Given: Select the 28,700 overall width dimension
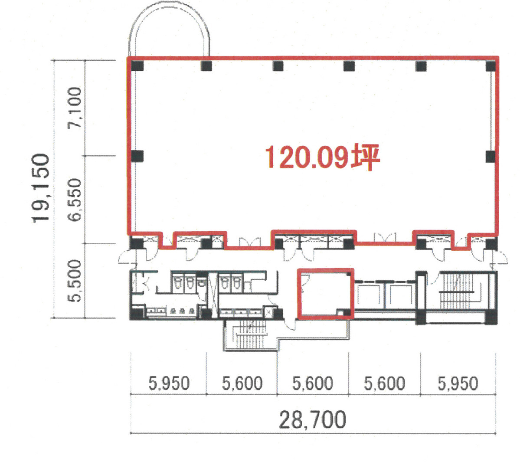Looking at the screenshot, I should (x=312, y=419).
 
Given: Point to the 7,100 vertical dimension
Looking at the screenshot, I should (x=74, y=107).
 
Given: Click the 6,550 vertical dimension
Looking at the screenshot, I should (x=74, y=200).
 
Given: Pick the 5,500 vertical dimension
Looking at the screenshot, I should (x=74, y=280).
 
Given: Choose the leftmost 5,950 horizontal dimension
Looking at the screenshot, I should (x=169, y=383).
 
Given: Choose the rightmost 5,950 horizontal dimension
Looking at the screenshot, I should (x=458, y=383).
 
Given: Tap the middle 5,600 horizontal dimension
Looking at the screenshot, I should (x=313, y=383).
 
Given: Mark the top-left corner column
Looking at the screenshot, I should (x=137, y=66).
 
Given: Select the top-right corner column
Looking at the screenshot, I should (x=491, y=66).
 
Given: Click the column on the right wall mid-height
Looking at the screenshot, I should (x=491, y=156).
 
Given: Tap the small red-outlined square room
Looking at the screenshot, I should (x=324, y=294).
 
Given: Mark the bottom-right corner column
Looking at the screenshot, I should (x=491, y=319).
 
